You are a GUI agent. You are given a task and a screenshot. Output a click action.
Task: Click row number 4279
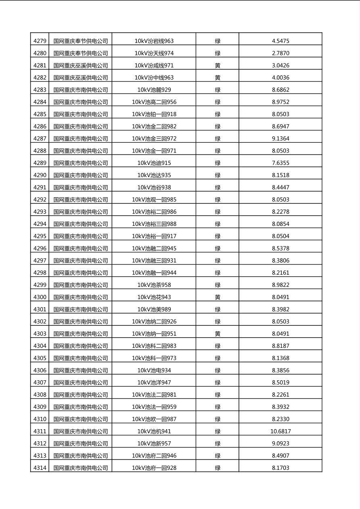click(40, 41)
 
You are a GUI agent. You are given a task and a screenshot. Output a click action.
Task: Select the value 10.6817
click(280, 431)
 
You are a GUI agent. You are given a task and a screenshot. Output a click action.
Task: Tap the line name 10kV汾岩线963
click(154, 41)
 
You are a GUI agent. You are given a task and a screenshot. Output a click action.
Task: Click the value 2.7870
click(280, 53)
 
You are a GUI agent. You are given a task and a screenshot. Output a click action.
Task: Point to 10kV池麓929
click(154, 90)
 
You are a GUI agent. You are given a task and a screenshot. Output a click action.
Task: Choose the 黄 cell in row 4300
click(218, 297)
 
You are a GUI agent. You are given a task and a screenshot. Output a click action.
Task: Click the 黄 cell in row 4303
click(218, 334)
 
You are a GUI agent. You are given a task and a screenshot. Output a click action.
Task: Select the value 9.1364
click(280, 138)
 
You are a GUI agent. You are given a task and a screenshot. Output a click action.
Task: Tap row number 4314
click(40, 468)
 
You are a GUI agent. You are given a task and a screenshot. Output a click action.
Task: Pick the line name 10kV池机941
click(154, 431)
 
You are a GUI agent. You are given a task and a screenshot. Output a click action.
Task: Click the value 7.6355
click(280, 163)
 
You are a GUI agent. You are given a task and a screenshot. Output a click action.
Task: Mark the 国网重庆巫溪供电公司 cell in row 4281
click(81, 65)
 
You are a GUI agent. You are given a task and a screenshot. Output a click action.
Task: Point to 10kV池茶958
click(154, 285)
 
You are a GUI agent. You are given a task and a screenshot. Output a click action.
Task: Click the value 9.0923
click(280, 443)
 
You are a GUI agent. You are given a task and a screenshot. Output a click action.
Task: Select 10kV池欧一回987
click(154, 419)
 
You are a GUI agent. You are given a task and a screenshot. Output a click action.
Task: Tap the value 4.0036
click(280, 77)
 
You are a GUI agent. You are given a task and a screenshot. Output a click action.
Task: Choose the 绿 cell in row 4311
click(218, 431)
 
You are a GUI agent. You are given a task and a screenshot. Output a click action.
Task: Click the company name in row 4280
click(81, 53)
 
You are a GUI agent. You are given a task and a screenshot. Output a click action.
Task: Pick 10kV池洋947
click(154, 382)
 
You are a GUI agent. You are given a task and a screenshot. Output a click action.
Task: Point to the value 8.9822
click(280, 285)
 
